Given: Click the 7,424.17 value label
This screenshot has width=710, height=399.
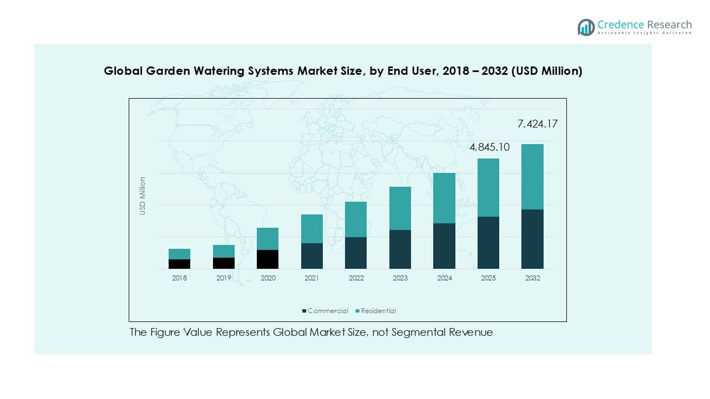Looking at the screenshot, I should (x=537, y=124).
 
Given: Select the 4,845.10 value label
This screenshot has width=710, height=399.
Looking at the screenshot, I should (x=489, y=147).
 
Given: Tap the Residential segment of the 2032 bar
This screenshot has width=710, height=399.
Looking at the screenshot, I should (x=532, y=177).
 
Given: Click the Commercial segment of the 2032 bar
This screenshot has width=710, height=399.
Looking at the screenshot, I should (x=532, y=239).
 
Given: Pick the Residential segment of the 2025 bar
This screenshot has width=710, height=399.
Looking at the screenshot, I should (x=488, y=187).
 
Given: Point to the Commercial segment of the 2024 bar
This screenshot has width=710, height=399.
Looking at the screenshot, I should (x=444, y=246).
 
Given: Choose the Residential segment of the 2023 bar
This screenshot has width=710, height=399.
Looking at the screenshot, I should (x=400, y=208).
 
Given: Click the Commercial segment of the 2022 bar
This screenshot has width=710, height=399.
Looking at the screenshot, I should (x=356, y=253).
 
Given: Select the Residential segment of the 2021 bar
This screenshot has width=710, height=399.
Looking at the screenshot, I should (x=312, y=229).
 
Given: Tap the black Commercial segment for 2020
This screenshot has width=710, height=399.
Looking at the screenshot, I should (x=267, y=259).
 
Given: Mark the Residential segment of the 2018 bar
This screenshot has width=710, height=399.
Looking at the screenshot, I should (x=179, y=254).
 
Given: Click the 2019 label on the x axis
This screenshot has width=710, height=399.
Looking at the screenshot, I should (x=224, y=278).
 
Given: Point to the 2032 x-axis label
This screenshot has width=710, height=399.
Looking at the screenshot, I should (x=532, y=278).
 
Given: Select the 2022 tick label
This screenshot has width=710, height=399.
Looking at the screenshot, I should (x=356, y=278).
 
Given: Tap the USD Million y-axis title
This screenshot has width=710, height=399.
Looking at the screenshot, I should (x=143, y=196).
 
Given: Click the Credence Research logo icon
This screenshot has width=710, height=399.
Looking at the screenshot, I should (x=586, y=27).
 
